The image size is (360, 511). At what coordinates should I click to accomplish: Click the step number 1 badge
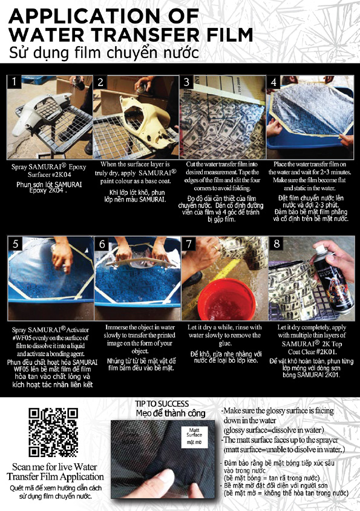click(15, 82)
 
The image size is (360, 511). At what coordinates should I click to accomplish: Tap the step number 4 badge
click(273, 82)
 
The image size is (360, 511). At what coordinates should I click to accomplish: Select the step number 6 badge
click(102, 244)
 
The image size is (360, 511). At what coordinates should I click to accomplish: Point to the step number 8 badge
click(277, 243)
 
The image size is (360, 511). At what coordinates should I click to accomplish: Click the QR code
click(53, 432)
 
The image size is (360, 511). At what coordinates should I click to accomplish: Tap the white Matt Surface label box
click(194, 437)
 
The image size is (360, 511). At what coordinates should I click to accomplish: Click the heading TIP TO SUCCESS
click(162, 404)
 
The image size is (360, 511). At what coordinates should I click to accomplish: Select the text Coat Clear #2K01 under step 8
click(312, 352)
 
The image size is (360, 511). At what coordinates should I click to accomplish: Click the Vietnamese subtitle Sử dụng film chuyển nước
click(103, 53)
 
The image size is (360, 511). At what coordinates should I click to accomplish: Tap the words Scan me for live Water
click(54, 467)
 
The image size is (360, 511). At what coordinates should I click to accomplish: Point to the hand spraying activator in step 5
click(62, 254)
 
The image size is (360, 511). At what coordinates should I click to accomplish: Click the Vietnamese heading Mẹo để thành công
click(171, 414)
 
